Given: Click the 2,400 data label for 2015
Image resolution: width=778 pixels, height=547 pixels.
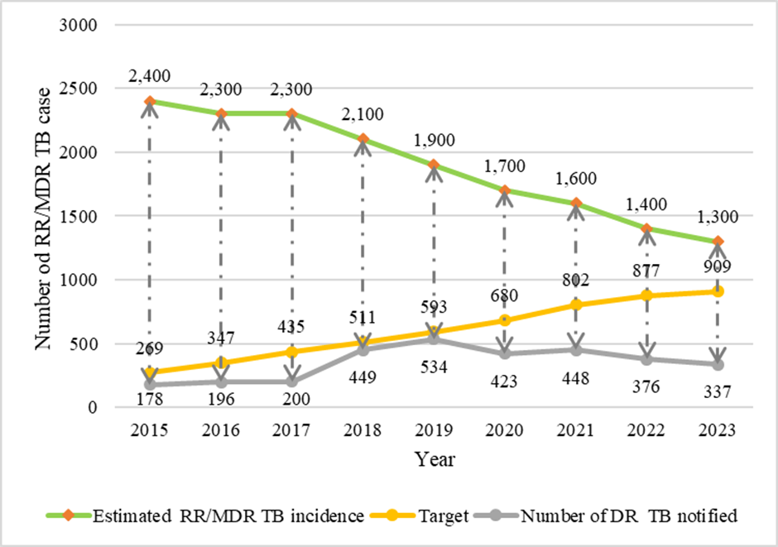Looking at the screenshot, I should pos(150,77).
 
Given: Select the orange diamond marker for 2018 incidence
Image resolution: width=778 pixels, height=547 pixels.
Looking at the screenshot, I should pos(363,139).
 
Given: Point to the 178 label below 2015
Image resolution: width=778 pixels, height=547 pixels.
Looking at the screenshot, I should pos(150,400).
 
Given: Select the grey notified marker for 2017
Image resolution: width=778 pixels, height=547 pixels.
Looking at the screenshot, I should pos(292,381).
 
